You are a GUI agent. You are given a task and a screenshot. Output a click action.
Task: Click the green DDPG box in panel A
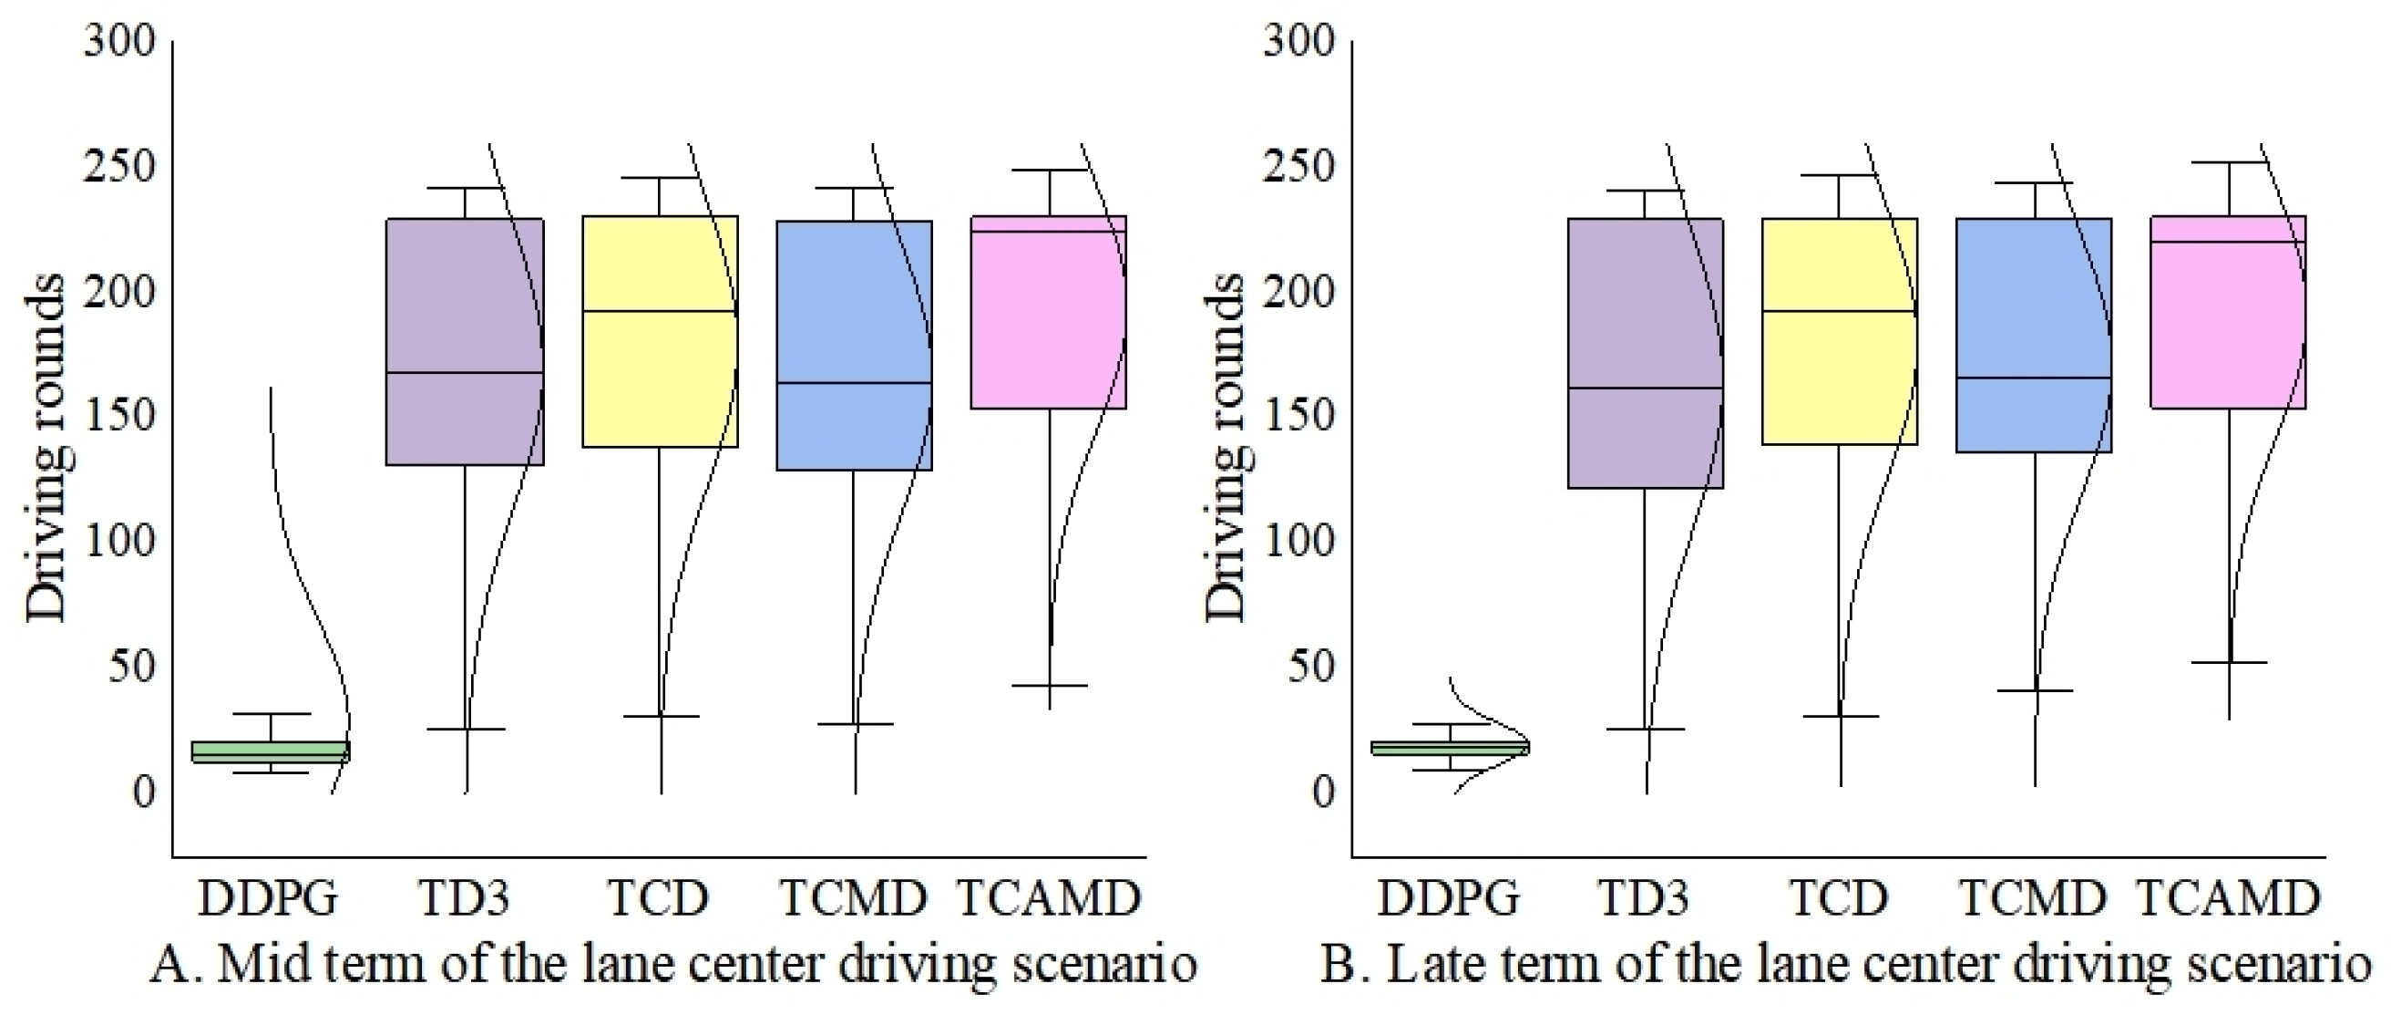coord(270,752)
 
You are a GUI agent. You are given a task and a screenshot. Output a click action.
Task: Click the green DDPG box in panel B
coord(1450,748)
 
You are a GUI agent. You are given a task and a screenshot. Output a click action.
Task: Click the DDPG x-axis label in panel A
coord(268,898)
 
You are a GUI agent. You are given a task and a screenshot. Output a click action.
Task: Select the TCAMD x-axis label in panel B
coord(2228,898)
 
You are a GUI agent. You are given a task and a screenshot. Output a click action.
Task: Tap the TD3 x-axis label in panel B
coord(1643,898)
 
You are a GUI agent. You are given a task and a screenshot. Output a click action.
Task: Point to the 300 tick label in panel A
coord(119,41)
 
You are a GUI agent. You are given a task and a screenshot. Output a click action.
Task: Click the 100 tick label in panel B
coord(1298,542)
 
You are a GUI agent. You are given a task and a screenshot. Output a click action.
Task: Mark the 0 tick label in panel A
coord(143,792)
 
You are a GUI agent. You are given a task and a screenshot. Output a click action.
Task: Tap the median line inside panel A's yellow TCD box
coord(659,311)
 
